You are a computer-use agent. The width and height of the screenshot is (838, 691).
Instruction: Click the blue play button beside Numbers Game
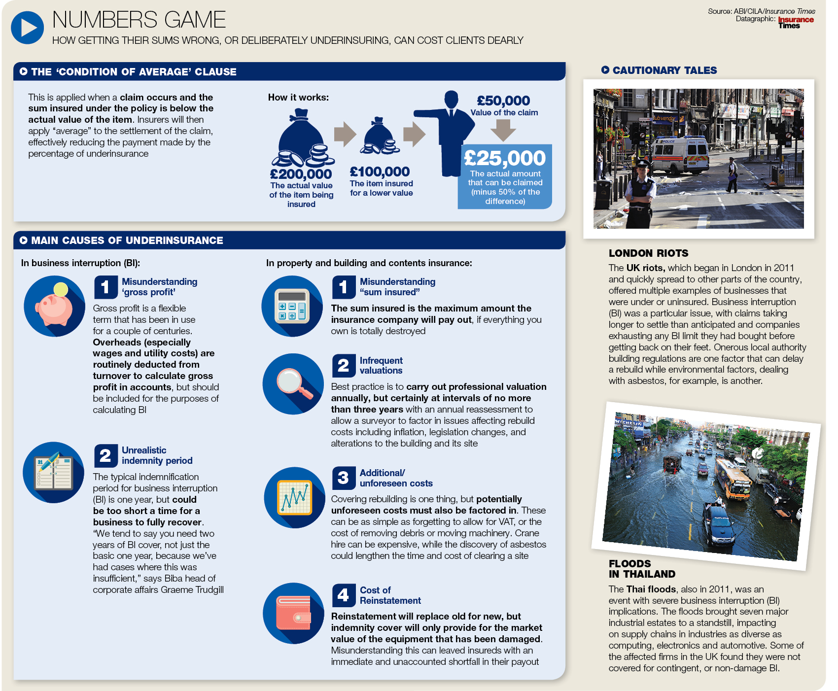pyautogui.click(x=28, y=28)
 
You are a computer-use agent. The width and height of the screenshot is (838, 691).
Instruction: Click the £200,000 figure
pyautogui.click(x=301, y=174)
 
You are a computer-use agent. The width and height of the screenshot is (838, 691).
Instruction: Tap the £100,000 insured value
pyautogui.click(x=380, y=172)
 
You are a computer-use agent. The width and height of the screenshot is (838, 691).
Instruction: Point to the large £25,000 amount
pyautogui.click(x=505, y=158)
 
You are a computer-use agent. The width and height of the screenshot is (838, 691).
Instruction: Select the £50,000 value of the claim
pyautogui.click(x=503, y=101)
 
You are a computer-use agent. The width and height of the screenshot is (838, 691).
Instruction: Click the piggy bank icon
pyautogui.click(x=54, y=306)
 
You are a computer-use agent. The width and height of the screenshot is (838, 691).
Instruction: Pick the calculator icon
pyautogui.click(x=292, y=306)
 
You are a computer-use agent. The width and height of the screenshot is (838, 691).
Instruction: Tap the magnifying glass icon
pyautogui.click(x=293, y=384)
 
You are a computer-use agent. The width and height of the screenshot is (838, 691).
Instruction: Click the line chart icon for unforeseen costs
pyautogui.click(x=295, y=497)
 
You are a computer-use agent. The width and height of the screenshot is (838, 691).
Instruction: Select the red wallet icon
pyautogui.click(x=294, y=613)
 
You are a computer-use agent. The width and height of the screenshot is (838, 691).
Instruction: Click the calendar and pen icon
pyautogui.click(x=53, y=473)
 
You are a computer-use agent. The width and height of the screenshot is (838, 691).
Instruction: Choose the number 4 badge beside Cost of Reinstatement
pyautogui.click(x=344, y=595)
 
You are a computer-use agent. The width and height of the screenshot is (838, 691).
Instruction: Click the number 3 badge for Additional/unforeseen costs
pyautogui.click(x=344, y=478)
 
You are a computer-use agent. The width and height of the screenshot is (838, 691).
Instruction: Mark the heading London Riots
pyautogui.click(x=648, y=253)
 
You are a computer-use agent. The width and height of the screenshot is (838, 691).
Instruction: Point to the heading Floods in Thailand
pyautogui.click(x=642, y=569)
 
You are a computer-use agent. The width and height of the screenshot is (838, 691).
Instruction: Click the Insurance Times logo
pyautogui.click(x=796, y=23)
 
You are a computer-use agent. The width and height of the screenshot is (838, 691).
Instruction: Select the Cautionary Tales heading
pyautogui.click(x=664, y=70)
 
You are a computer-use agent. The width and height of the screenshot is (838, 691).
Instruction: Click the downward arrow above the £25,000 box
pyautogui.click(x=503, y=130)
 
